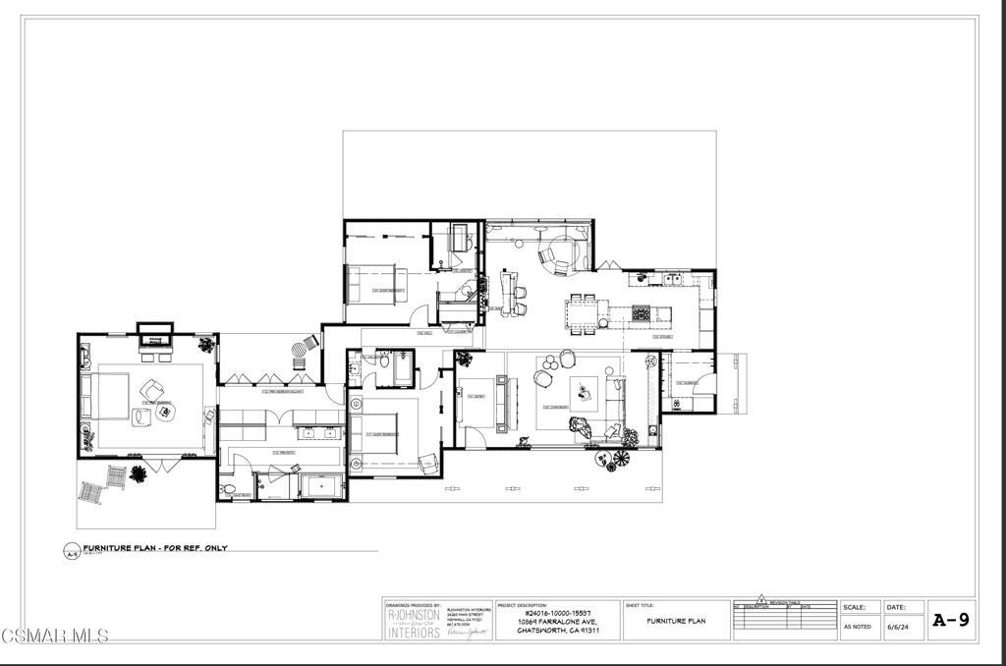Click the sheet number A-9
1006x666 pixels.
point(950,620)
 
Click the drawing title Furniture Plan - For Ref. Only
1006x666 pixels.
point(154,547)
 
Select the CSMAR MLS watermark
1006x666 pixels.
point(54,636)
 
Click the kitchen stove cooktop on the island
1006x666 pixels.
point(641,313)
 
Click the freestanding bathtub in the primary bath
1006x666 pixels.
point(322,487)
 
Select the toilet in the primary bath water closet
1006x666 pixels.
point(228,488)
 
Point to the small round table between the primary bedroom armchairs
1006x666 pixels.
point(163,413)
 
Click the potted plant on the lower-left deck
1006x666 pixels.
point(139,474)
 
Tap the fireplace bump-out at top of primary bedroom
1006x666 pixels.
point(154,330)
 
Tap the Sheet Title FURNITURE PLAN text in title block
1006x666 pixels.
point(676,621)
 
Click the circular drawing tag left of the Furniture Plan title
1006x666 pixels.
point(71,551)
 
